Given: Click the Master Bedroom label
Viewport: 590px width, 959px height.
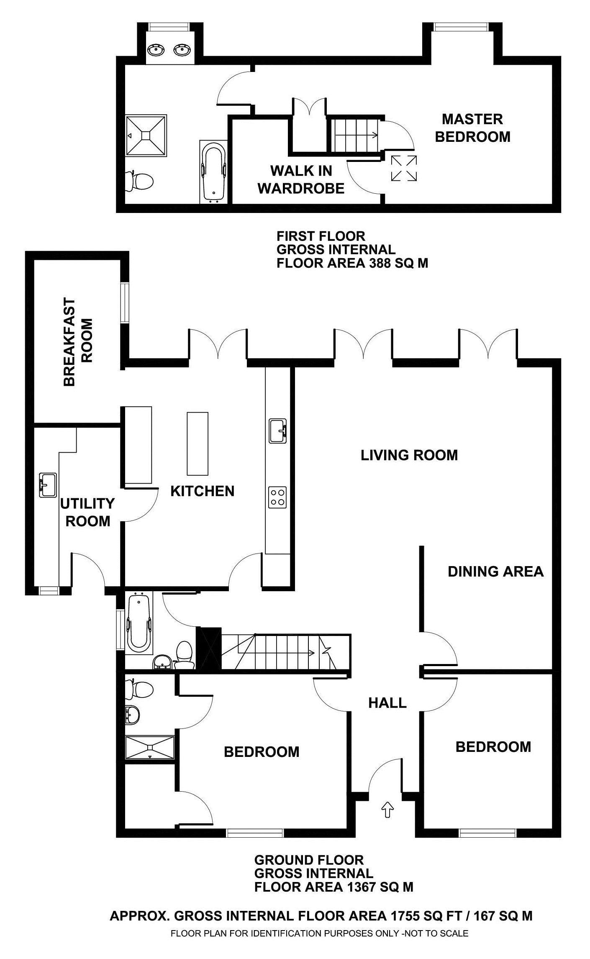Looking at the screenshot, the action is pyautogui.click(x=472, y=128).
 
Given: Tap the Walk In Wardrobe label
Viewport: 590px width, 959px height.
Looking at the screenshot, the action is pyautogui.click(x=301, y=179).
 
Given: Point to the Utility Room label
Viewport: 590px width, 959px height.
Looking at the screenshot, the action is pyautogui.click(x=87, y=512).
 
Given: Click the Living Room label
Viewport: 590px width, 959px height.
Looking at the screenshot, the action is pyautogui.click(x=409, y=455).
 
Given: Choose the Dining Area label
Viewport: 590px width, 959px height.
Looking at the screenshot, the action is pyautogui.click(x=495, y=571).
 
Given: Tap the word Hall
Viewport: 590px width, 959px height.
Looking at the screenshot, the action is pyautogui.click(x=387, y=703).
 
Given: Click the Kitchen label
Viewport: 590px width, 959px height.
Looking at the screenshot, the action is pyautogui.click(x=202, y=491).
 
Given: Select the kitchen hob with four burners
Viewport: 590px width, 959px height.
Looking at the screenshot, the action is pyautogui.click(x=278, y=497).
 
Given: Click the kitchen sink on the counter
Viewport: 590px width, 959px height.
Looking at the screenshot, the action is pyautogui.click(x=278, y=431).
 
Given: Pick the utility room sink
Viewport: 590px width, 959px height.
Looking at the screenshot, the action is pyautogui.click(x=48, y=485).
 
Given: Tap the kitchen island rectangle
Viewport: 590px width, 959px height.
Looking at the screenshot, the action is pyautogui.click(x=198, y=444).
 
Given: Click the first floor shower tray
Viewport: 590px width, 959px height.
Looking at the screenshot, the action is pyautogui.click(x=146, y=136).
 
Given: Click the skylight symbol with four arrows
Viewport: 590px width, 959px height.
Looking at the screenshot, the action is pyautogui.click(x=404, y=168).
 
